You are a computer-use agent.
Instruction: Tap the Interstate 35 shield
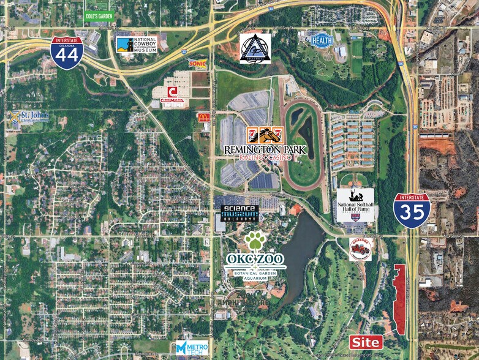pyautogui.click(x=412, y=211)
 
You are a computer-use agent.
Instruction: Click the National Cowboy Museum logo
pyautogui.click(x=137, y=44)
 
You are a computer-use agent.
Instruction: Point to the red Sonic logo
pyautogui.click(x=197, y=63)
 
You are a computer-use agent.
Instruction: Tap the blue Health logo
pyautogui.click(x=321, y=41)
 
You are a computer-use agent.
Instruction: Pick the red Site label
pyautogui.click(x=366, y=342)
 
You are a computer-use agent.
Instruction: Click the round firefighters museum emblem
pyautogui.click(x=360, y=249)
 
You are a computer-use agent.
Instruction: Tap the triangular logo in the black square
pyautogui.click(x=255, y=47)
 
